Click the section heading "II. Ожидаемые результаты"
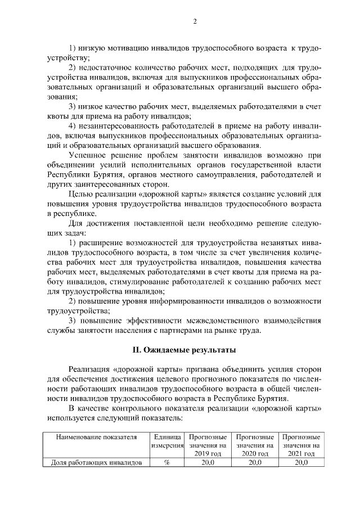coord(180,350)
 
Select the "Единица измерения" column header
coord(167,442)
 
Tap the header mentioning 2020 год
coord(255,445)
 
